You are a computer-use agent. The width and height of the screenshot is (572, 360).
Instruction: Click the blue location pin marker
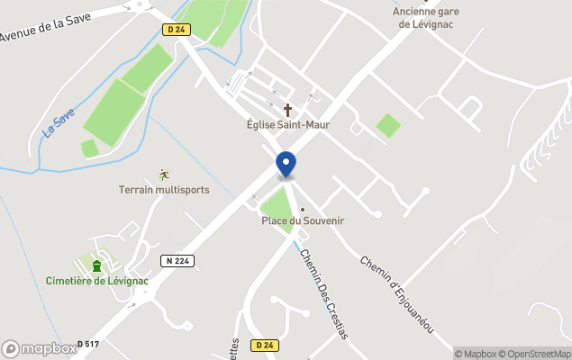[x=286, y=165]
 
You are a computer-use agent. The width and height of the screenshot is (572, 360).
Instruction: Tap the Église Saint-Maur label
[x=288, y=124]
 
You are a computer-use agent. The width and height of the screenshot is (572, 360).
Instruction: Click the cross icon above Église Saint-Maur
[x=288, y=110]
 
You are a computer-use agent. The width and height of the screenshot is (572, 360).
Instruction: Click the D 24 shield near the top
[x=177, y=30]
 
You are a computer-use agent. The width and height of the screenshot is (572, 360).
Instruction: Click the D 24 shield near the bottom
[x=264, y=345]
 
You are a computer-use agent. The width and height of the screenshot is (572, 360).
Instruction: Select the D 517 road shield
[x=87, y=344]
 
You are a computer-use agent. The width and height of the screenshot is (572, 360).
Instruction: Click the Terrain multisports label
[x=164, y=190]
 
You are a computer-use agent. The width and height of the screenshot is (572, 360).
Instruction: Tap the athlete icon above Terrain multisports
[x=163, y=175]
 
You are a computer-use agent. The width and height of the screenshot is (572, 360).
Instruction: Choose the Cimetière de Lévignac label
[x=96, y=281]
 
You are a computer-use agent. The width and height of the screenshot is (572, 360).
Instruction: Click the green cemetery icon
[x=96, y=265]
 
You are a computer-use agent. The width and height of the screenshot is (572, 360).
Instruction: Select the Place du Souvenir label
[x=303, y=220]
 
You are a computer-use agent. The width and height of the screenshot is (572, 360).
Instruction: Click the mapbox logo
[x=39, y=348]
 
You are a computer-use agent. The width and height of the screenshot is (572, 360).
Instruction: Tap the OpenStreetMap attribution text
[x=538, y=354]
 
